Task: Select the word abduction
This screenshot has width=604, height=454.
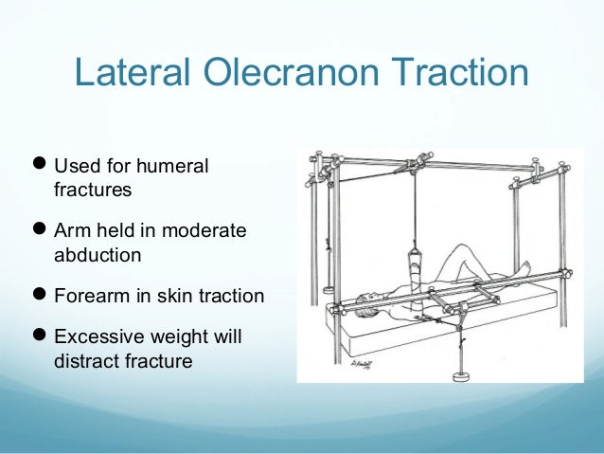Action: point(98,254)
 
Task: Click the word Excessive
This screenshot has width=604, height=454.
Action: point(99,338)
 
